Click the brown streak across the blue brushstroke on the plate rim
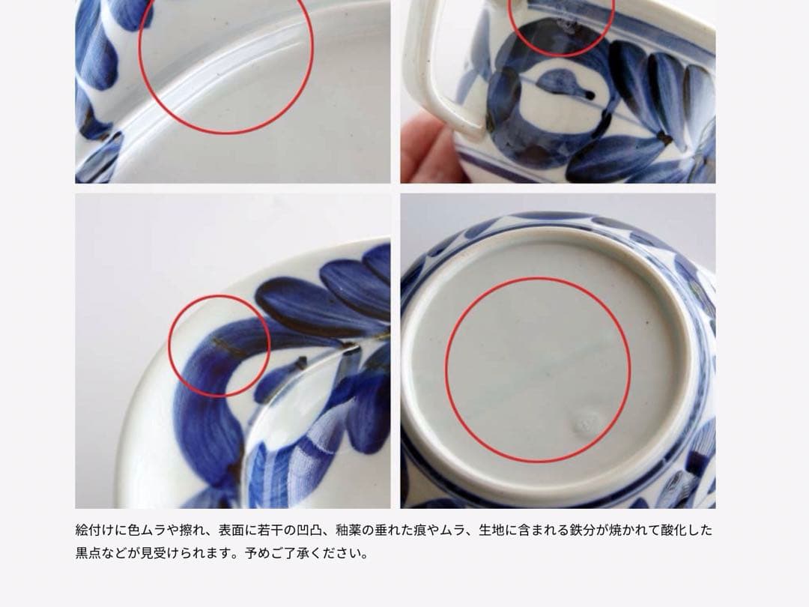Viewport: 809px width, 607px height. [x=228, y=347]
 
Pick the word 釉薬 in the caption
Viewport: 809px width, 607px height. [x=348, y=530]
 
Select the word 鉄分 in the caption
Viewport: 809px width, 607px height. [x=583, y=530]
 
